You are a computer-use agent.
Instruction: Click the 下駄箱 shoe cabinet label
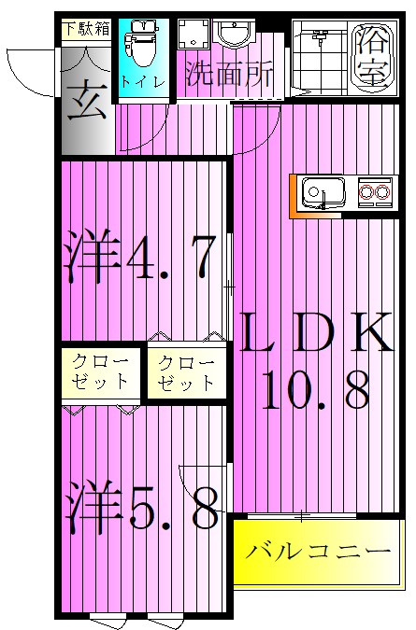pos(86,28)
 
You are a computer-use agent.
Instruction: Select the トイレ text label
pos(144,82)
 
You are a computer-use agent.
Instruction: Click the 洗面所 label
pos(229,75)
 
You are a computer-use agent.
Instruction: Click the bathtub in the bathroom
pos(374,59)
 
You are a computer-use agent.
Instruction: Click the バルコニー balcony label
pos(319,552)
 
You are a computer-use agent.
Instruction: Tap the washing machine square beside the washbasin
pos(194,35)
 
